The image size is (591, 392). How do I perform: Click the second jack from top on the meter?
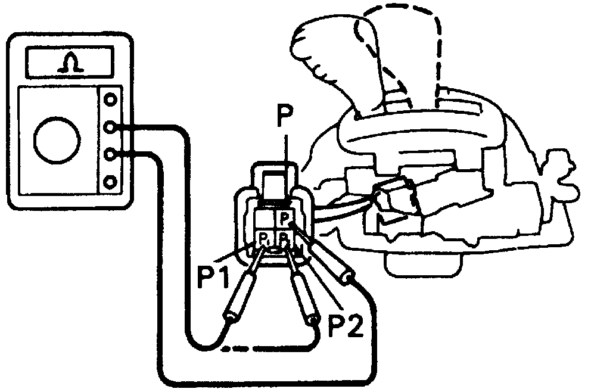pyautogui.click(x=110, y=127)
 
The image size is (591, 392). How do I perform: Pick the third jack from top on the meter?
pyautogui.click(x=110, y=154)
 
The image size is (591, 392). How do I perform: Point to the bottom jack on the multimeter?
pyautogui.click(x=110, y=181)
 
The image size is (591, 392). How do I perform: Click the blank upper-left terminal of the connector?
pyautogui.click(x=263, y=219)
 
